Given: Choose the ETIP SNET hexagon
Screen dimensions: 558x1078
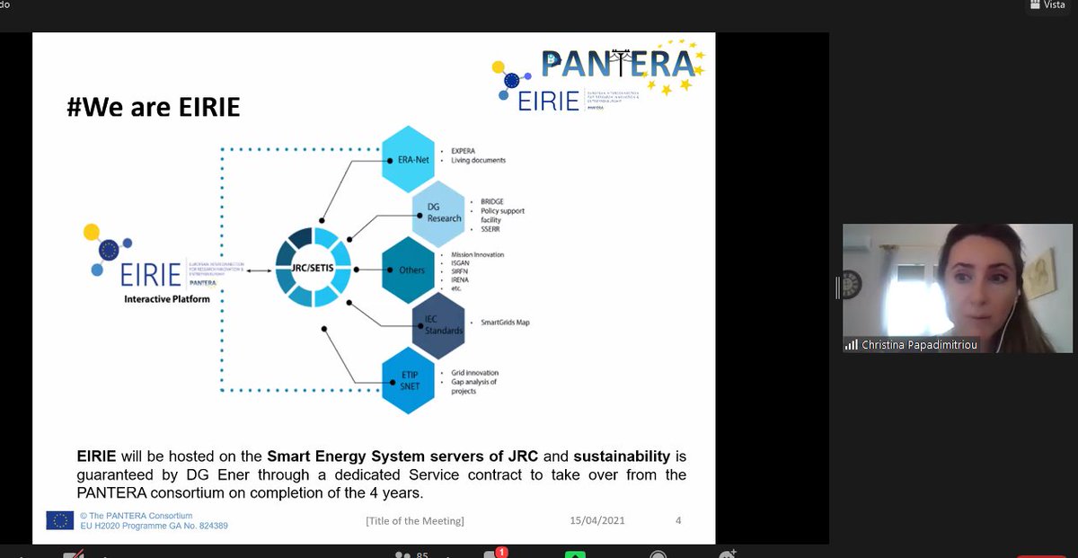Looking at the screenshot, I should coord(409,381).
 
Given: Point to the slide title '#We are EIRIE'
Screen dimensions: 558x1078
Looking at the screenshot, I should coord(154,108).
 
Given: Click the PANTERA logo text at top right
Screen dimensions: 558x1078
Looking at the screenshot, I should coord(618,64).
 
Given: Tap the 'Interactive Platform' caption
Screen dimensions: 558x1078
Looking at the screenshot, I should coord(167,298).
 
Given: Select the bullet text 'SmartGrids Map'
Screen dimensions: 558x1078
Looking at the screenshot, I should coord(505,323).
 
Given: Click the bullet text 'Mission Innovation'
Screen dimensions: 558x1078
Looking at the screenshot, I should coord(477,254).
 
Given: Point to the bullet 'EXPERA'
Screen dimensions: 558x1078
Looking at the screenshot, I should coord(464,151).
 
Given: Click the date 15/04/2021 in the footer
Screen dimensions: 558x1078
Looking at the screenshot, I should coord(597,520).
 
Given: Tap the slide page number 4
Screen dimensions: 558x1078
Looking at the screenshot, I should coord(678,520).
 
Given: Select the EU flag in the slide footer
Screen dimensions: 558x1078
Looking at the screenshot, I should coord(60,520).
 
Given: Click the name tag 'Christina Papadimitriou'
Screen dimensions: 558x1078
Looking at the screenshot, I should coord(919,345).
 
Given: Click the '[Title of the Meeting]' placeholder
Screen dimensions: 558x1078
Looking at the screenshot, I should coord(415,520).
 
